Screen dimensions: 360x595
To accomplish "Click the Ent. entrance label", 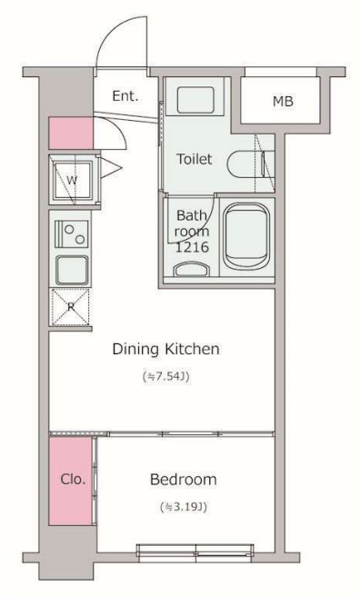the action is pos(125,95).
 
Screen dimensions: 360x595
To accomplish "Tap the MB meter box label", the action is pos(283,102).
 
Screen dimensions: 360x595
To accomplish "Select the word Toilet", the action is pos(194,159).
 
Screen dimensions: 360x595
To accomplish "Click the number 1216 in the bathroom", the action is pos(192,247).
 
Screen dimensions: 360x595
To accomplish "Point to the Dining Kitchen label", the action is pos(166,349).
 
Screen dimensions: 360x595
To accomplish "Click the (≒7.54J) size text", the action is pos(166,376).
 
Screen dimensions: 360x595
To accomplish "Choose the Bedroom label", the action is pos(184,480).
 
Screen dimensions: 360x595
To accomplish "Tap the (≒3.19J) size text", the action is pos(184,507).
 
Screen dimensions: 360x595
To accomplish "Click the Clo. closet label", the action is pos(73,480).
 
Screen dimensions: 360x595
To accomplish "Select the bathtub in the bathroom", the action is pos(246,236).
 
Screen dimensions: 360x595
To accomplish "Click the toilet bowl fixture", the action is pos(245,164).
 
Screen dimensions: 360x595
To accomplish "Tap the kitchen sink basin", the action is pos(72,270).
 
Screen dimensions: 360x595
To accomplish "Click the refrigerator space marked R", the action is pos(71,307).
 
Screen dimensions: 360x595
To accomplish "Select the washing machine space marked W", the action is pos(72,180).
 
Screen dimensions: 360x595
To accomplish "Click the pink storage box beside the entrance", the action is pos(71,133).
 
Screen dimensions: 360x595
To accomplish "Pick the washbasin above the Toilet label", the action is pos(195,100).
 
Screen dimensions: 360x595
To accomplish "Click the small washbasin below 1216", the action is pos(192,270).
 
